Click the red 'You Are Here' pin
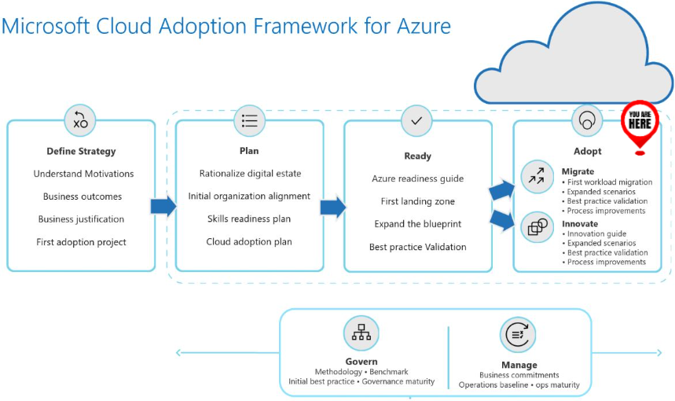coord(640,123)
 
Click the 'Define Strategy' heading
coord(81,151)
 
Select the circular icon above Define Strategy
coord(80,120)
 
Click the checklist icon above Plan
coord(249,120)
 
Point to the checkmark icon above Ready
coord(417,120)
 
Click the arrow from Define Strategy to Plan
coord(163,207)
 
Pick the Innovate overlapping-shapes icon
coord(537,227)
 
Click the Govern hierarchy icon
coord(361,333)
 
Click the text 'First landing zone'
coord(417,201)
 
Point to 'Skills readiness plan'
coord(249,219)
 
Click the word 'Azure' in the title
coord(422,26)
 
